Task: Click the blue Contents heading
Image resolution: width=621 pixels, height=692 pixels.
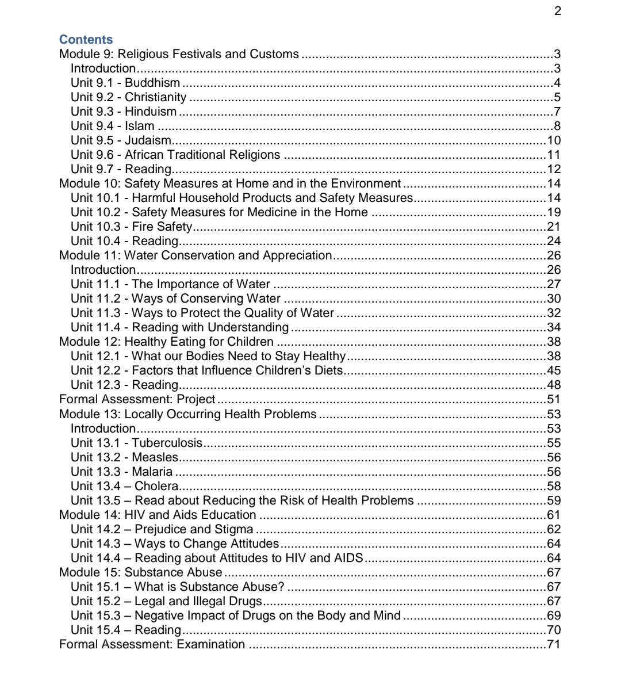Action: (x=86, y=40)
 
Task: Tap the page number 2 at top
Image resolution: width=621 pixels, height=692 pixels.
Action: (x=557, y=11)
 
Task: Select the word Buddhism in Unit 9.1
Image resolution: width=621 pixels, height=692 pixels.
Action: (x=152, y=83)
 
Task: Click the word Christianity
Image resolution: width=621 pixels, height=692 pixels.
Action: (x=156, y=97)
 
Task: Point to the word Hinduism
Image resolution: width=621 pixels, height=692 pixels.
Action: (x=151, y=112)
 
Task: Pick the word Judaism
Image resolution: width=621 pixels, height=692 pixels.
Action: (x=148, y=140)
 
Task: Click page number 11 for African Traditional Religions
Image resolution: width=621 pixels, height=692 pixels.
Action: (x=553, y=155)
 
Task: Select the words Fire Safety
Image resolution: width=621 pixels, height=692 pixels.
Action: (x=162, y=227)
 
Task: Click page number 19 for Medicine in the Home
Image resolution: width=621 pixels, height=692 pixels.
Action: (x=553, y=212)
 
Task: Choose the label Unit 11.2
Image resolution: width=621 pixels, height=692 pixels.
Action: (x=92, y=299)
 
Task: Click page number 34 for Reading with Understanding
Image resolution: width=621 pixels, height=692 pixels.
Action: (x=553, y=327)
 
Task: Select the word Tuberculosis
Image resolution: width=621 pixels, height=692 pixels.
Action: (x=167, y=443)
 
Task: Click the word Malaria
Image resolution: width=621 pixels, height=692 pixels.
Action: (x=152, y=472)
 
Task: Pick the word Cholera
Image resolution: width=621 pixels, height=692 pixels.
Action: (x=156, y=486)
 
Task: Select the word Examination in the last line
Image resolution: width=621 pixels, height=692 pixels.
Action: (x=210, y=644)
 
